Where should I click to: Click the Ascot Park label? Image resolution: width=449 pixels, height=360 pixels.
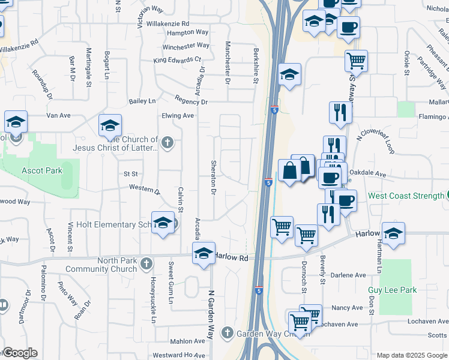point(41,170)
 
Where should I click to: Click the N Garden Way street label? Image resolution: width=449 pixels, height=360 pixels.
point(211,315)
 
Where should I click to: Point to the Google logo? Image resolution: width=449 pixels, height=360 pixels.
point(19,353)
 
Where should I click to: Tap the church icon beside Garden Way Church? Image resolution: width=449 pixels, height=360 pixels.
point(227,332)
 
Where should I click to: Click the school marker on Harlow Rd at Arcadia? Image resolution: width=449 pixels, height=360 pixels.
point(203,253)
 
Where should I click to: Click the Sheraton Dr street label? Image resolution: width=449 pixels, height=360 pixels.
point(213,178)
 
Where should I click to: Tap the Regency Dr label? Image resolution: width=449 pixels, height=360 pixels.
point(191,102)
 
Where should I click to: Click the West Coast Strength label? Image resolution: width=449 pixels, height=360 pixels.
point(406,196)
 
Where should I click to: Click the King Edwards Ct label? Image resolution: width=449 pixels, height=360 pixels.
point(176,60)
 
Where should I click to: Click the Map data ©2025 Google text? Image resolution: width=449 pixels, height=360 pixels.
point(411,355)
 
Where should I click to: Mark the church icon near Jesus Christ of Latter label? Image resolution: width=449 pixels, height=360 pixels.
point(167,143)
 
